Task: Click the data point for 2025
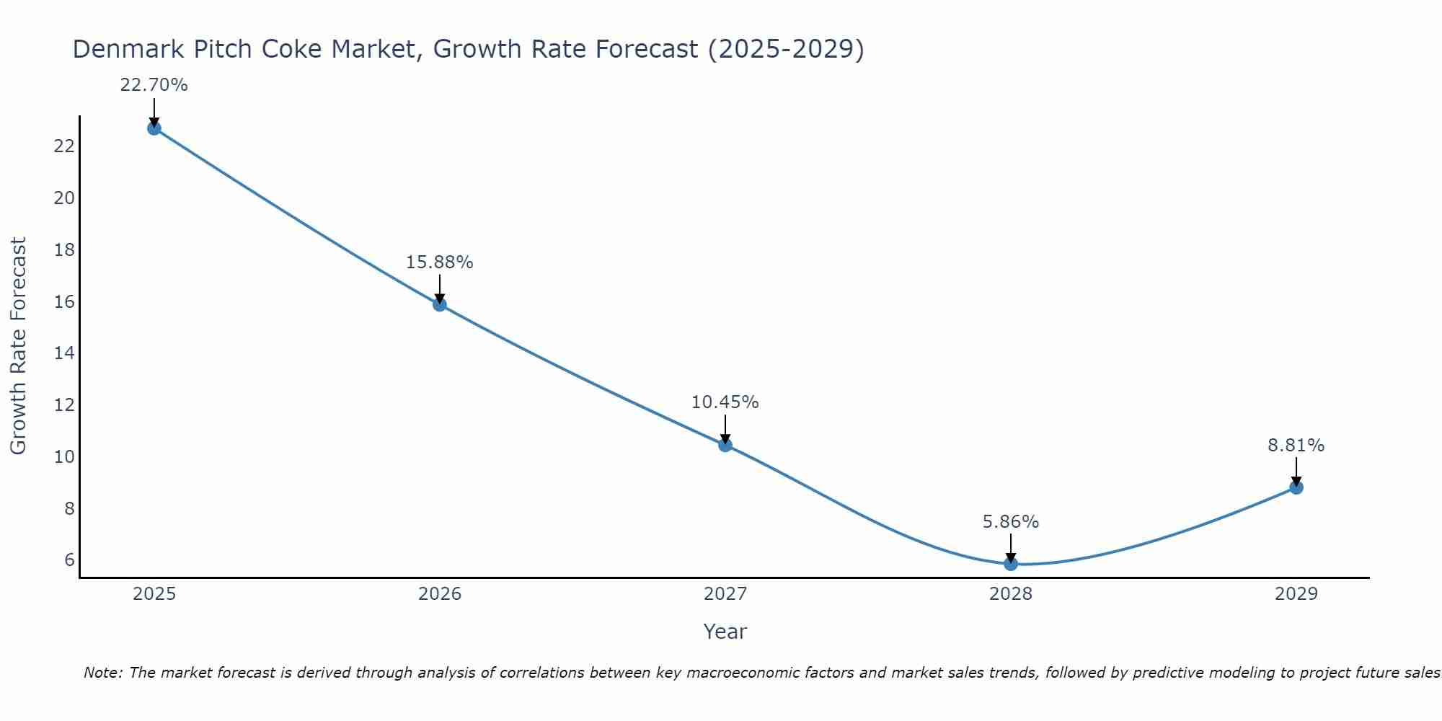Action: click(154, 128)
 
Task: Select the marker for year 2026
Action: click(440, 304)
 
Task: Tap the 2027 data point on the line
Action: click(725, 445)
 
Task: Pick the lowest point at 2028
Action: click(1011, 564)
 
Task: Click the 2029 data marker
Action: click(1296, 487)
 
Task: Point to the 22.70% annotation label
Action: click(154, 85)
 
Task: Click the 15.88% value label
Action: click(439, 262)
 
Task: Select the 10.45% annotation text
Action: click(725, 402)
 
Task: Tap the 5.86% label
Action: click(1011, 522)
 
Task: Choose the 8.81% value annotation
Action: click(1296, 446)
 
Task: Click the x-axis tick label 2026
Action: click(440, 594)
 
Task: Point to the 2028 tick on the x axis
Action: click(1011, 594)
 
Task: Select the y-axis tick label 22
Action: click(64, 146)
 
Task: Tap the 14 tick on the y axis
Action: click(64, 353)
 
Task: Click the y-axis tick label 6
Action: click(69, 560)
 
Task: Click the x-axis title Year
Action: click(725, 632)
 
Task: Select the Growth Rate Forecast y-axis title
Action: click(18, 346)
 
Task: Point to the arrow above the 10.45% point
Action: click(725, 430)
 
